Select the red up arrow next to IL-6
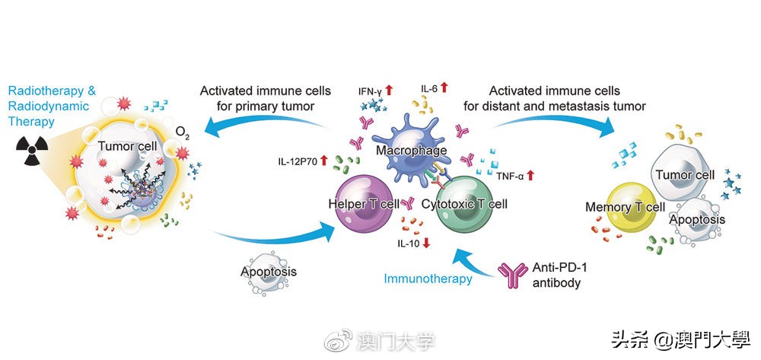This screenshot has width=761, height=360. (x=444, y=91)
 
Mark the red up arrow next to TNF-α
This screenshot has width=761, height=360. (x=530, y=175)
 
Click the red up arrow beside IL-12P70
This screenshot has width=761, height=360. (x=323, y=160)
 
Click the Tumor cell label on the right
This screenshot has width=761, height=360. (x=685, y=174)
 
